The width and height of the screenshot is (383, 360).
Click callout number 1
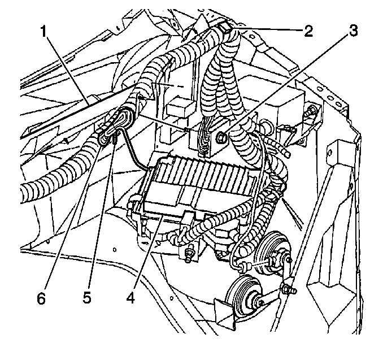(x=43, y=32)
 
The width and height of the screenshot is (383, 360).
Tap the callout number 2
(x=308, y=31)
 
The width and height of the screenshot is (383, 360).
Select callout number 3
(x=353, y=31)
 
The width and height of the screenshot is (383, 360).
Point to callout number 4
(x=130, y=298)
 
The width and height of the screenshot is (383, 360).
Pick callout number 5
(x=87, y=298)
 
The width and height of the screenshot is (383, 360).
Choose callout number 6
(x=42, y=298)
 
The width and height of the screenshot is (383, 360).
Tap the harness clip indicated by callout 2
(x=225, y=28)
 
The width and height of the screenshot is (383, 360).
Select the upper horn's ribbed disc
(x=270, y=251)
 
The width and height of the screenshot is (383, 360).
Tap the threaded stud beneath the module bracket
(x=188, y=257)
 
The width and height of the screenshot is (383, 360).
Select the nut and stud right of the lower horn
(x=289, y=289)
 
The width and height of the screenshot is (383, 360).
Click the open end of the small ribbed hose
(x=288, y=154)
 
